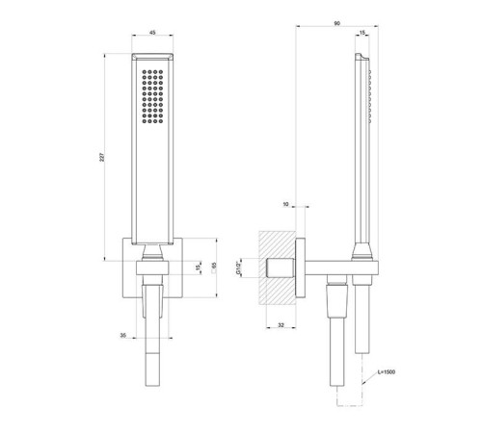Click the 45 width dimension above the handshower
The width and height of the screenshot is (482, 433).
click(x=152, y=32)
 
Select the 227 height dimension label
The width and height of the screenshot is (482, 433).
click(x=101, y=157)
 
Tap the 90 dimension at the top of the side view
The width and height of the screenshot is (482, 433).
click(x=336, y=23)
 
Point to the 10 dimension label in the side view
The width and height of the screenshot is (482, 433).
click(x=285, y=204)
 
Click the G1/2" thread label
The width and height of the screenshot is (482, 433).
click(x=238, y=268)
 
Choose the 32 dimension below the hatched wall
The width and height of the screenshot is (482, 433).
click(x=281, y=325)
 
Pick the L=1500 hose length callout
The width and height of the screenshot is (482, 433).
click(x=387, y=372)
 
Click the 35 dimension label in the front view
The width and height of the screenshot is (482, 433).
click(x=123, y=335)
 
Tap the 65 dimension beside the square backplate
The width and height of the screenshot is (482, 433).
click(x=214, y=266)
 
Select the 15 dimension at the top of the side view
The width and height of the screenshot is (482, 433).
click(x=362, y=33)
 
